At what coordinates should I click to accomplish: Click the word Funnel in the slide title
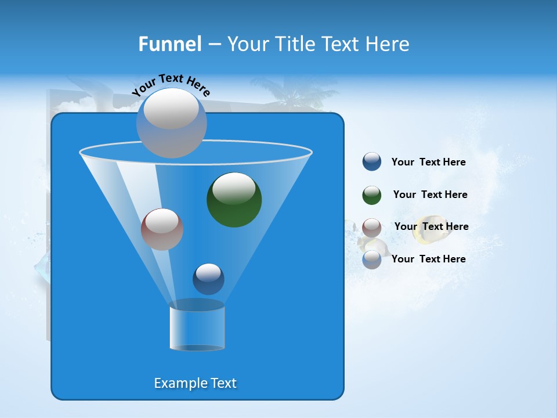(x=169, y=44)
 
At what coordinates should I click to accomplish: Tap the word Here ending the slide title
(x=388, y=44)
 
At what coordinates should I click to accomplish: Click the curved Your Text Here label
(x=171, y=85)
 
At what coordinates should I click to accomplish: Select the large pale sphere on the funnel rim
(x=171, y=122)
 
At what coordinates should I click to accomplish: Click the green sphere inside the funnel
(x=234, y=200)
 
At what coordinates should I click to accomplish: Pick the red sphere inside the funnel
(x=162, y=229)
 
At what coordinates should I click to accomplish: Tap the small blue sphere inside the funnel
(x=208, y=279)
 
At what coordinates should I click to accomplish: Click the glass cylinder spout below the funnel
(x=197, y=327)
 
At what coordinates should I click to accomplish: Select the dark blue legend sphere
(x=372, y=162)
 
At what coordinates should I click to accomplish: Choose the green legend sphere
(x=372, y=195)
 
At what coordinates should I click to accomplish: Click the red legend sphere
(x=372, y=227)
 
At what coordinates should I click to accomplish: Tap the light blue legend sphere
(x=372, y=260)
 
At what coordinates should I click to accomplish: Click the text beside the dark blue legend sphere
(x=428, y=163)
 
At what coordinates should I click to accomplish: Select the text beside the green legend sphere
(x=430, y=195)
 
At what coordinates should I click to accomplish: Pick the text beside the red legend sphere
(x=431, y=227)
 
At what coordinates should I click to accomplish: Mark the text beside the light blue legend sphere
(x=428, y=259)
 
